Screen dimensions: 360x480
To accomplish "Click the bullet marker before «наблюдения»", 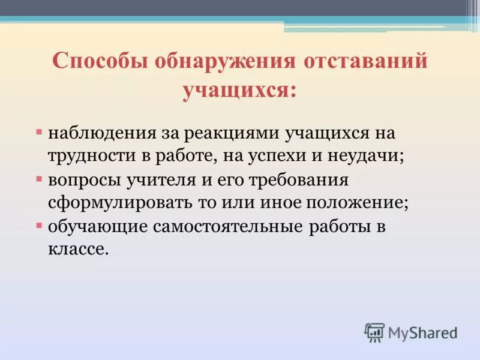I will point(39,130).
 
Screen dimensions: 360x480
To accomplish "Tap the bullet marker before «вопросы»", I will point(39,179).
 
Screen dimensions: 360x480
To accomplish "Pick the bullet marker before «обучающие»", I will point(39,226).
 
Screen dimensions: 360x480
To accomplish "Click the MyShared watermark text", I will point(422,332).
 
